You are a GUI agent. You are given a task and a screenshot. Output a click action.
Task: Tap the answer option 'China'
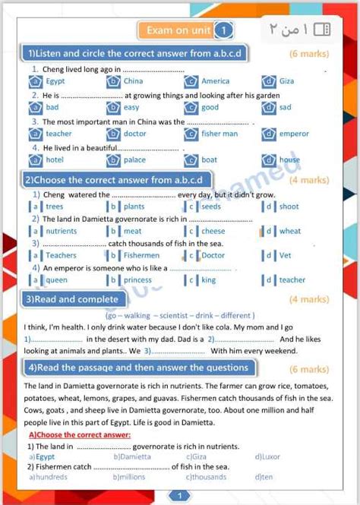click(x=133, y=81)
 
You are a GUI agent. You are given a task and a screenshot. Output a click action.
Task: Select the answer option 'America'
click(x=215, y=81)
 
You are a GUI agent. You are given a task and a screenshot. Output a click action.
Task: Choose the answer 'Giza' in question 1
click(x=286, y=81)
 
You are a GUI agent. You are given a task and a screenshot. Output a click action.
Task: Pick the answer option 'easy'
click(x=131, y=108)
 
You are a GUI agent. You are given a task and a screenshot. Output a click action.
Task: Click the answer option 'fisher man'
click(x=219, y=134)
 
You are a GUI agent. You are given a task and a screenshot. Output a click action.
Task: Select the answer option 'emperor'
click(x=294, y=134)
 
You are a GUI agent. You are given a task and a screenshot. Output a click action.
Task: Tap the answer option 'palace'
click(x=134, y=160)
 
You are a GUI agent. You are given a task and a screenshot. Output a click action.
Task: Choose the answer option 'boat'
click(x=209, y=160)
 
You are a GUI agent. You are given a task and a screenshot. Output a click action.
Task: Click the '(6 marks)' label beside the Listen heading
click(x=309, y=54)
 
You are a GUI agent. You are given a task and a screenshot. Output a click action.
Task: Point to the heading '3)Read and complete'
click(x=73, y=299)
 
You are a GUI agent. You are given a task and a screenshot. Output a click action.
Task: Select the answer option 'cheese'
click(x=213, y=231)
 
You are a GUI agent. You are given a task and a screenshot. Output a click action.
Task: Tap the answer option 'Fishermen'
click(x=141, y=255)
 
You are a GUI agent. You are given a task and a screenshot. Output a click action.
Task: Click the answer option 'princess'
click(x=137, y=279)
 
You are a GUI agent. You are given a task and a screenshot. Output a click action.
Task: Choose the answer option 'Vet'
click(x=286, y=255)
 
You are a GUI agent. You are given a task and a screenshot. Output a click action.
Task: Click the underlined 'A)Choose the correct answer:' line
click(x=80, y=435)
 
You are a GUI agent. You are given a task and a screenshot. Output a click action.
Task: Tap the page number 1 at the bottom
click(x=180, y=496)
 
